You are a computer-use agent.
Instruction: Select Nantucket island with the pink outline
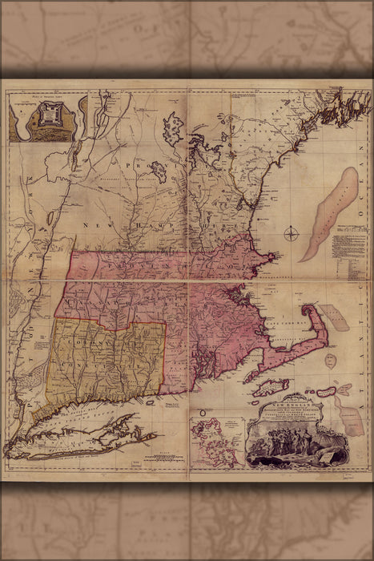326,392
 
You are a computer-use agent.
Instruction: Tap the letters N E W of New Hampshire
112,227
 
